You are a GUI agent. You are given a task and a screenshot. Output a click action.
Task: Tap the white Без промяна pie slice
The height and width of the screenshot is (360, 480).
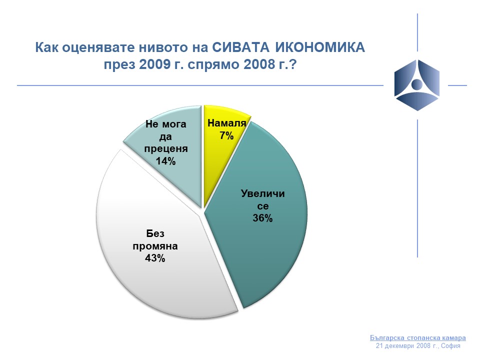(x=159, y=245)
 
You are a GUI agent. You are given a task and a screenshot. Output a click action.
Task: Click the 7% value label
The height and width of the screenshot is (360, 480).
(x=226, y=135)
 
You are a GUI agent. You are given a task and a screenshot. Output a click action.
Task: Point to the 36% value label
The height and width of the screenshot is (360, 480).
(x=262, y=218)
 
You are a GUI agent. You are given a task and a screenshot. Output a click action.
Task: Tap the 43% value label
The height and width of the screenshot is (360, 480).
(x=155, y=258)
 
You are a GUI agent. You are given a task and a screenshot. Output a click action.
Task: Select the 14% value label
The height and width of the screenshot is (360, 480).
(x=165, y=161)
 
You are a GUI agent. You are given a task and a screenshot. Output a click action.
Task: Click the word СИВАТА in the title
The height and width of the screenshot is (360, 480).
(x=241, y=47)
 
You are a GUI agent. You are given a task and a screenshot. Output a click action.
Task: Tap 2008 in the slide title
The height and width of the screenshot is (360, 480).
(x=259, y=64)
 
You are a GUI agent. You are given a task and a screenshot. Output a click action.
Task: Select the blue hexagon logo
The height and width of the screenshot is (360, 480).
(x=417, y=85)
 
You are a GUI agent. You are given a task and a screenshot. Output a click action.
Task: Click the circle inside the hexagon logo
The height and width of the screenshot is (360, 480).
(x=416, y=84)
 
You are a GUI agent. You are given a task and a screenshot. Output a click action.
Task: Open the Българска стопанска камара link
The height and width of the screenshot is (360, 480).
(x=418, y=338)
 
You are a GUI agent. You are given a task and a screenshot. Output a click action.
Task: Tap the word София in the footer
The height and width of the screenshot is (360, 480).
(x=450, y=346)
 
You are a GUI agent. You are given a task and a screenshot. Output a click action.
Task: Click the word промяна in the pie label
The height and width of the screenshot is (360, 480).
(x=155, y=246)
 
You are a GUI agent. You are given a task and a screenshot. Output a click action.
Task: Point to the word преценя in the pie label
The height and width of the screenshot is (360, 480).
(x=166, y=149)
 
